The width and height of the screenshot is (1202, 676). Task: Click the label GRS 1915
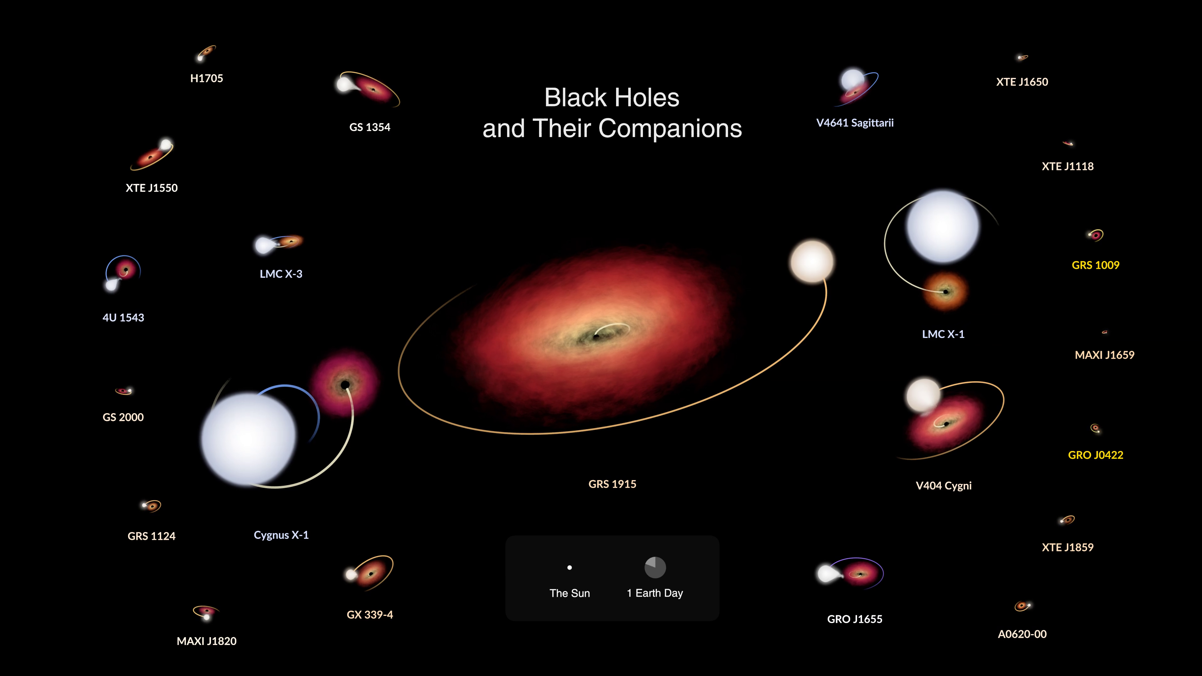pyautogui.click(x=612, y=484)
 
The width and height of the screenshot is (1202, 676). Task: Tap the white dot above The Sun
pyautogui.click(x=569, y=568)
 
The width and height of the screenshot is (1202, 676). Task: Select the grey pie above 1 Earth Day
pyautogui.click(x=655, y=567)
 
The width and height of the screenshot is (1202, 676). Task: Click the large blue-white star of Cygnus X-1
pyautogui.click(x=249, y=438)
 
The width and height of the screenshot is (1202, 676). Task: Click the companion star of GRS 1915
pyautogui.click(x=812, y=262)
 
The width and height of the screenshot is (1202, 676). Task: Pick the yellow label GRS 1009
pyautogui.click(x=1095, y=265)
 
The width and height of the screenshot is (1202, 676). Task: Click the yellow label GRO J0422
pyautogui.click(x=1095, y=455)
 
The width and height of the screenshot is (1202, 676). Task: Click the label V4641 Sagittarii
pyautogui.click(x=855, y=123)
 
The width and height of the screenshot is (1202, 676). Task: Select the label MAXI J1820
pyautogui.click(x=206, y=641)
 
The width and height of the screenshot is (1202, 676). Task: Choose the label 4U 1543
pyautogui.click(x=123, y=318)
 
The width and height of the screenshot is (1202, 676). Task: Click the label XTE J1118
pyautogui.click(x=1068, y=166)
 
